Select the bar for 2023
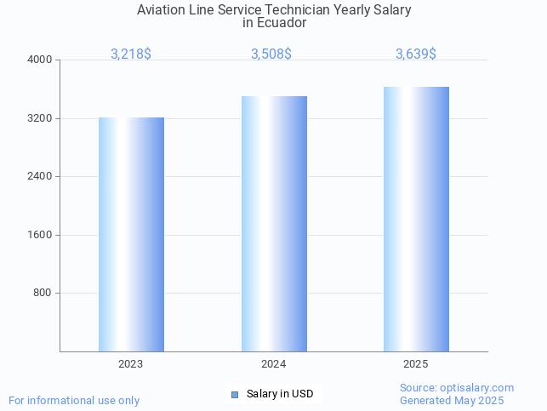pos(131,234)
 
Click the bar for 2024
pos(274,224)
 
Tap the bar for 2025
pos(416,219)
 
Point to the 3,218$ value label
pos(131,54)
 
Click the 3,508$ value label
pos(271,54)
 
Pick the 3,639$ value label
pos(416,54)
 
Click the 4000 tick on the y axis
pos(40,60)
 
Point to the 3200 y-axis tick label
pos(40,118)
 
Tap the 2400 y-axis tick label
pos(40,177)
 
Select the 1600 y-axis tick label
pos(40,235)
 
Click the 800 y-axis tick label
pos(43,293)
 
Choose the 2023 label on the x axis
pos(131,364)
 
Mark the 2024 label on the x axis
pos(273,364)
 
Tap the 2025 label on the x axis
pos(416,364)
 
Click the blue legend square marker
pos(235,394)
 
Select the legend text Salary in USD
pos(280,394)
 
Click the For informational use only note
pos(74,400)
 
